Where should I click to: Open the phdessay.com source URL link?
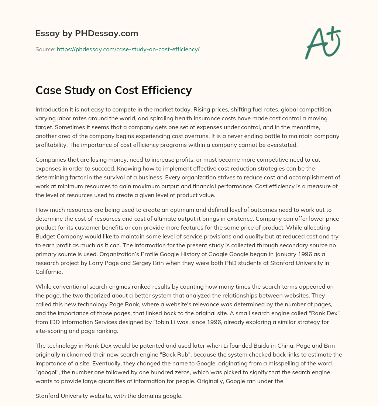(x=128, y=49)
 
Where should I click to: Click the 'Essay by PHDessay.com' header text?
(x=87, y=34)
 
